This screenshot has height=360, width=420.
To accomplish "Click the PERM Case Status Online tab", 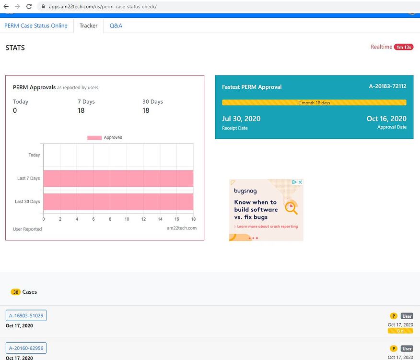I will pos(36,25).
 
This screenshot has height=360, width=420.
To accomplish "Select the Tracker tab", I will pos(88,25).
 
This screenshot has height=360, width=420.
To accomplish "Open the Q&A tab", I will pos(116,25).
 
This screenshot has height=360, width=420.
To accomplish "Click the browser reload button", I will pos(29,7).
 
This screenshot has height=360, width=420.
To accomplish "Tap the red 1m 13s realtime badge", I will pos(403,47).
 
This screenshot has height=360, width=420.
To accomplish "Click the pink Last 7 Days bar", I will pos(118,178).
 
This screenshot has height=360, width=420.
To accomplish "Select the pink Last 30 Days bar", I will pos(118,201).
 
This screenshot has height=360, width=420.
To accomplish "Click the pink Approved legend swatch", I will pos(94,138).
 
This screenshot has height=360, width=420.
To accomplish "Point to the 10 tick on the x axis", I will pos(127,219).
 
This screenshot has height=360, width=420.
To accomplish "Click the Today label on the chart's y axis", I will pos(34,155).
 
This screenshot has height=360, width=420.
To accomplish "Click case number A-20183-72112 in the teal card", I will pos(387,86).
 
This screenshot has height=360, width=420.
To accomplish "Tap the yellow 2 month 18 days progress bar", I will pos(314,103).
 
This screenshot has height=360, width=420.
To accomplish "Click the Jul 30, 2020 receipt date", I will pos(241,119).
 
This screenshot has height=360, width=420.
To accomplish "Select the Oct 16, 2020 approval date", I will pos(386,119).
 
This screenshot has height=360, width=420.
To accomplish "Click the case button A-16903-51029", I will pos(26,315).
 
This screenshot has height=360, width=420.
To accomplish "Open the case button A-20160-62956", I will pos(26,348).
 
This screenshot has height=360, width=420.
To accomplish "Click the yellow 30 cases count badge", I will pos(16,292).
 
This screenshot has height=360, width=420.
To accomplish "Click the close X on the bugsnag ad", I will pos(300,182).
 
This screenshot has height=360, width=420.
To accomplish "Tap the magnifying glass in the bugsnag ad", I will pos(291,207).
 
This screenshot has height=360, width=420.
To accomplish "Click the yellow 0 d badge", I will pos(400,331).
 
